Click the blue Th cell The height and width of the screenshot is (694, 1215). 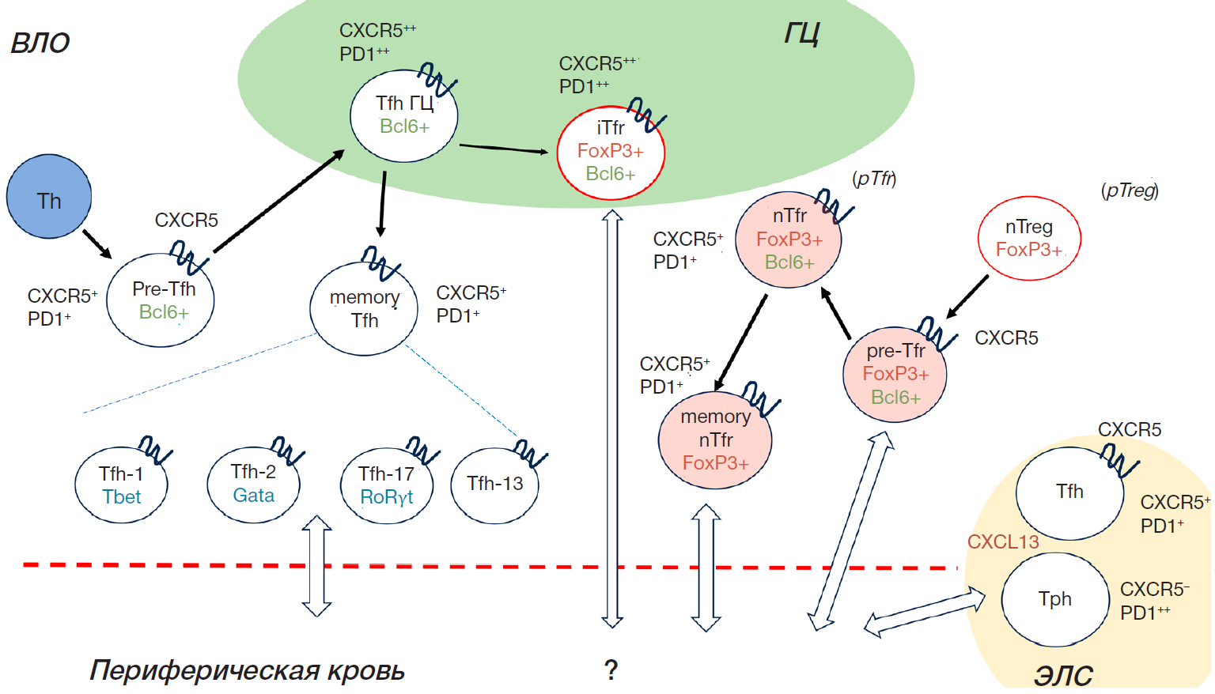[49, 197]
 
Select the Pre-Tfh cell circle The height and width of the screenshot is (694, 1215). [161, 300]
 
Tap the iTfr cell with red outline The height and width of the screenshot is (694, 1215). [611, 153]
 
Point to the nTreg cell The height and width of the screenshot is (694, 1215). [1029, 238]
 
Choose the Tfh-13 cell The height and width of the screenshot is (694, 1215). [494, 485]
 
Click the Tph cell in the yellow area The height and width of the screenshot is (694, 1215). [1055, 599]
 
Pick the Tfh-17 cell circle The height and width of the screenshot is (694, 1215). [386, 485]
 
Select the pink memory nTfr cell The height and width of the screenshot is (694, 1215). [715, 439]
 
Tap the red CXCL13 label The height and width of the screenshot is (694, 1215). [1003, 542]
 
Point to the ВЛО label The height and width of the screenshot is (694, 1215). [40, 43]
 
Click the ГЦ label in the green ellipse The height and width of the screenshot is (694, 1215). [801, 34]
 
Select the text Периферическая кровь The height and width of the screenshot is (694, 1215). [247, 670]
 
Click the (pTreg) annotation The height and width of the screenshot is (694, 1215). [1130, 190]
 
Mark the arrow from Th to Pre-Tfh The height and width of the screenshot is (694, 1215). [97, 243]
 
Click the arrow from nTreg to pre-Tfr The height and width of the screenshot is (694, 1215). [967, 296]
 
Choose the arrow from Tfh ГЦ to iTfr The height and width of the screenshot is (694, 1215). [503, 149]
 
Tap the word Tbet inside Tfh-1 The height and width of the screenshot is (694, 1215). [122, 497]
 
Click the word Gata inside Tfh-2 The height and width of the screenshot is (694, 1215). [254, 496]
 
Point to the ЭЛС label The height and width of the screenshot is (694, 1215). [1063, 676]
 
